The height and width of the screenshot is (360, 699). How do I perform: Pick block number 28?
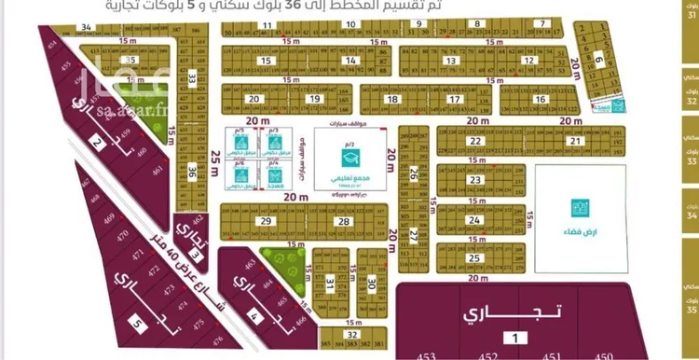pyautogui.click(x=344, y=221)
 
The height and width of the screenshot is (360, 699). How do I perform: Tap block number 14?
pyautogui.click(x=349, y=61)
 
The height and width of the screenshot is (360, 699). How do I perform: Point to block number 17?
pyautogui.click(x=454, y=99)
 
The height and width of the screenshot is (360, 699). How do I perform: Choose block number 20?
pyautogui.click(x=253, y=99)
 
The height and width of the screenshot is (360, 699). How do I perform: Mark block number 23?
pyautogui.click(x=475, y=181)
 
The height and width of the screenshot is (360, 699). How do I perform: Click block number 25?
pyautogui.click(x=475, y=258)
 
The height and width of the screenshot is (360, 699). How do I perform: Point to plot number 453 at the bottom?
pyautogui.click(x=428, y=354)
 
